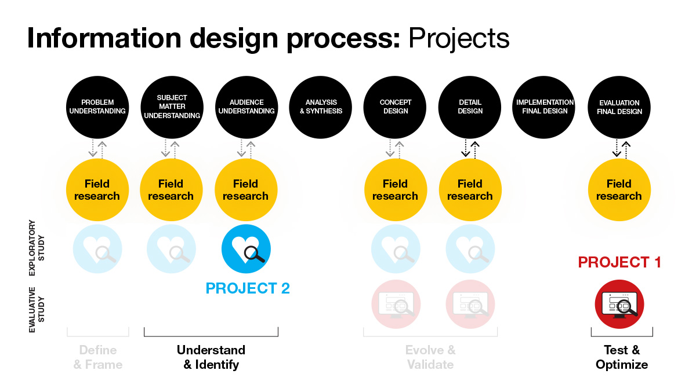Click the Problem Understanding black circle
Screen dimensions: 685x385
pyautogui.click(x=97, y=107)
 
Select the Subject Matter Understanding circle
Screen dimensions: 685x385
pyautogui.click(x=172, y=107)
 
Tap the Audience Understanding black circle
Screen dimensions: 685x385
pyautogui.click(x=247, y=107)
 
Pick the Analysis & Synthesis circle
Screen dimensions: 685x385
pyautogui.click(x=321, y=107)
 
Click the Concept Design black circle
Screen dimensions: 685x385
pyautogui.click(x=395, y=107)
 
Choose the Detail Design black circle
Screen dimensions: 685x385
pyautogui.click(x=470, y=107)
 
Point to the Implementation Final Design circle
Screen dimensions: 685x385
pyautogui.click(x=544, y=107)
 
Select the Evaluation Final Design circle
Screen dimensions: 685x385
pyautogui.click(x=619, y=107)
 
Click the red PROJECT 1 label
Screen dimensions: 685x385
pyautogui.click(x=619, y=262)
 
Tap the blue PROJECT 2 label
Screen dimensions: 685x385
pyautogui.click(x=248, y=288)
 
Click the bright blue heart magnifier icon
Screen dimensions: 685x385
pyautogui.click(x=246, y=249)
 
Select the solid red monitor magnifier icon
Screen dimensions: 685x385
pyautogui.click(x=619, y=305)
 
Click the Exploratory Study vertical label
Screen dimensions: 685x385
pyautogui.click(x=37, y=248)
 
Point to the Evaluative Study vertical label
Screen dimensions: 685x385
pyautogui.click(x=37, y=310)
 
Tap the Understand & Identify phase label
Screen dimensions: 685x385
pyautogui.click(x=211, y=357)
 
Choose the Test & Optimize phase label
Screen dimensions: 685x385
pyautogui.click(x=622, y=357)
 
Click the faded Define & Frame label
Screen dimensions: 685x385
pyautogui.click(x=98, y=357)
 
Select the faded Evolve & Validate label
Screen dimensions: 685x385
pyautogui.click(x=430, y=357)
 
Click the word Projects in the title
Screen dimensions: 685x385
pyautogui.click(x=459, y=38)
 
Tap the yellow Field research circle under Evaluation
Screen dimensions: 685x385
pyautogui.click(x=619, y=190)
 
